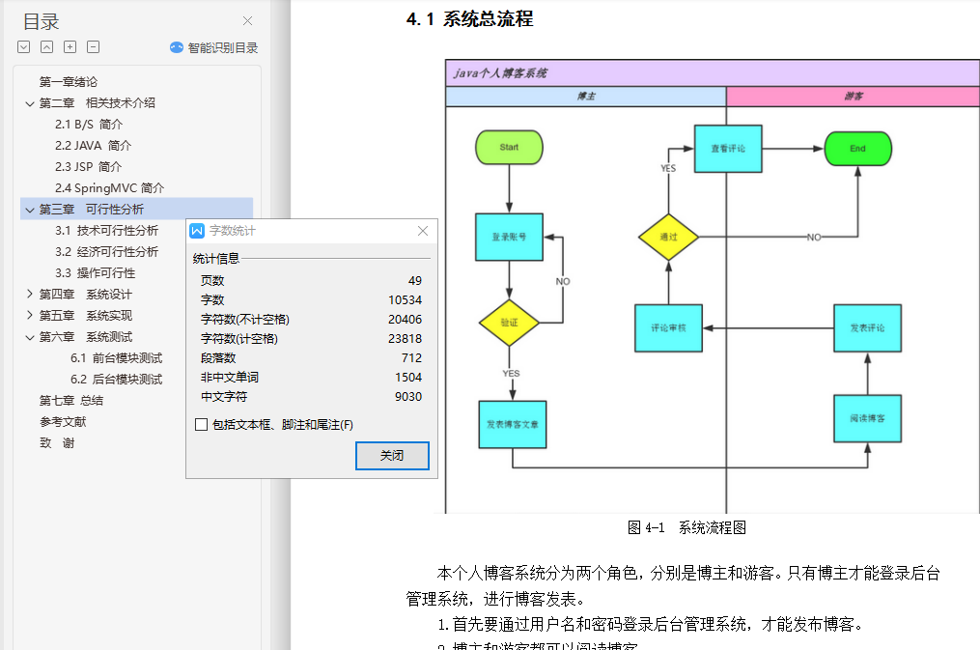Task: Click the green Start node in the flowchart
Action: (509, 148)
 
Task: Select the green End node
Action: (857, 149)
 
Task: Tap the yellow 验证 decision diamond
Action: (509, 324)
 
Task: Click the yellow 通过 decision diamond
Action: (668, 237)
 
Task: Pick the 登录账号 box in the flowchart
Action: (509, 237)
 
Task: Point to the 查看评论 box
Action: (727, 149)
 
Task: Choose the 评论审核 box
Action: (668, 328)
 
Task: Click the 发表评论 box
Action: (867, 328)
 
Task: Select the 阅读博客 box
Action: (867, 418)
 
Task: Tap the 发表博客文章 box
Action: (513, 425)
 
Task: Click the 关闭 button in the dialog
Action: (392, 456)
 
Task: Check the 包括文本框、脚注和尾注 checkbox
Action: (201, 425)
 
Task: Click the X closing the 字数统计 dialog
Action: (423, 231)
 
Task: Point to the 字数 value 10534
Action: (405, 300)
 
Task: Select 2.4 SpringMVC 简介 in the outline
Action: (109, 188)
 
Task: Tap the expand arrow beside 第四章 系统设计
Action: (30, 295)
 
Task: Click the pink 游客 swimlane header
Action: (853, 97)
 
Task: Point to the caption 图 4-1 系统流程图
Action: (686, 528)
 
